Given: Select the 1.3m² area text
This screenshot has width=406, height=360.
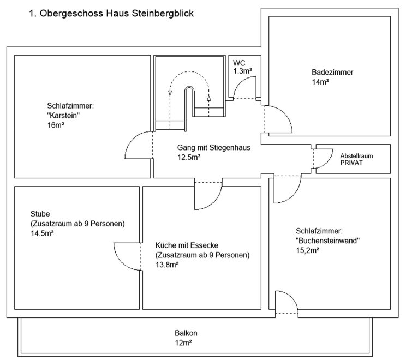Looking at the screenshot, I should click(243, 71).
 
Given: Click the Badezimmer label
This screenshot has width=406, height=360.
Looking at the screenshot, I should click(332, 73).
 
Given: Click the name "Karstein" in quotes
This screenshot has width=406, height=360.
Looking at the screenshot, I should click(64, 115).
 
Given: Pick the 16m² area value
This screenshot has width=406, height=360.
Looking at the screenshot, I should click(56, 124).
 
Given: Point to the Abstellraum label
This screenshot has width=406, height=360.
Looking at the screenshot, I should click(357, 155).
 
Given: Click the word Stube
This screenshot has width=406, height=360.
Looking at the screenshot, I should click(40, 214).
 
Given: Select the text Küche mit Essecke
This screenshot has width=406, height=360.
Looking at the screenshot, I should click(187, 245).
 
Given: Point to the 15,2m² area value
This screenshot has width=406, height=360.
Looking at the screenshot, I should click(308, 250).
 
